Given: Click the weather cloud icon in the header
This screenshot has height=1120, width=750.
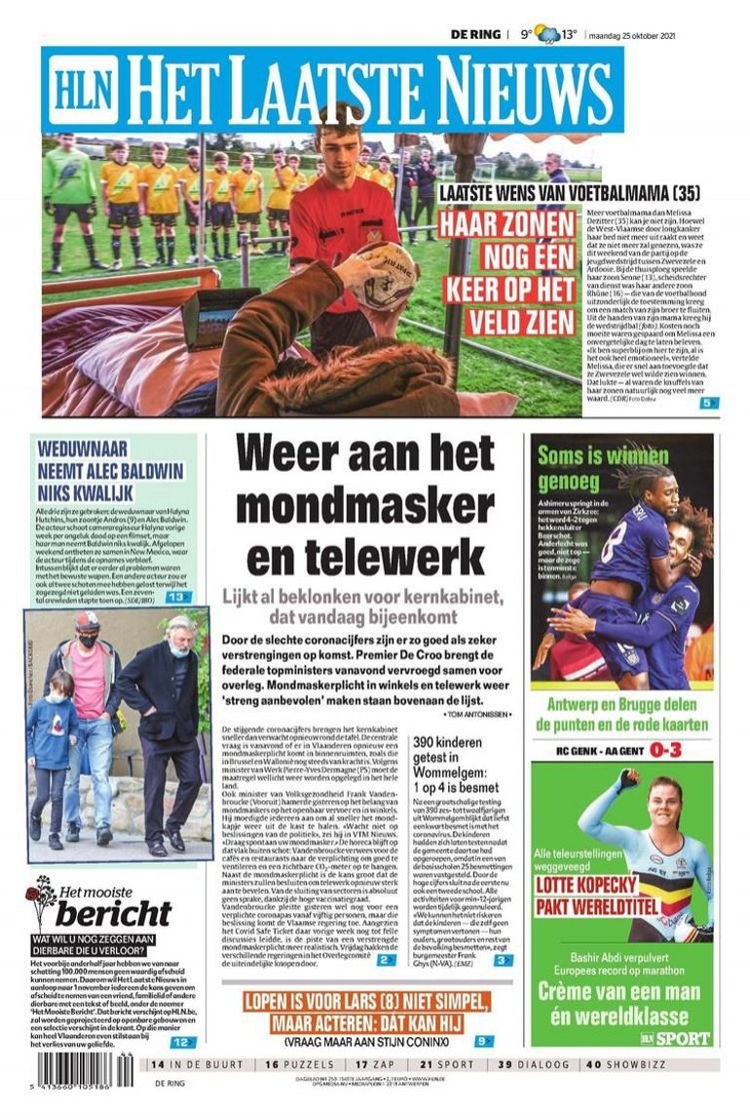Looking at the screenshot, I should (x=548, y=35).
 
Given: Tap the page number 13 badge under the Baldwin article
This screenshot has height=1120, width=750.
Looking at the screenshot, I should (x=177, y=597).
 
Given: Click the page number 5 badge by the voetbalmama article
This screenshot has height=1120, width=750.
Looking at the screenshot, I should (x=708, y=402).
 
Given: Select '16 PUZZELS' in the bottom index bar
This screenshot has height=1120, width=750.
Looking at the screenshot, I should (x=300, y=1063).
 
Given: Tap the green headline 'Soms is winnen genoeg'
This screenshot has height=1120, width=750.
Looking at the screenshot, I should (x=590, y=467).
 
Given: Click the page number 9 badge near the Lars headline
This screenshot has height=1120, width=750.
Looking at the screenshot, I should (x=484, y=1040).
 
